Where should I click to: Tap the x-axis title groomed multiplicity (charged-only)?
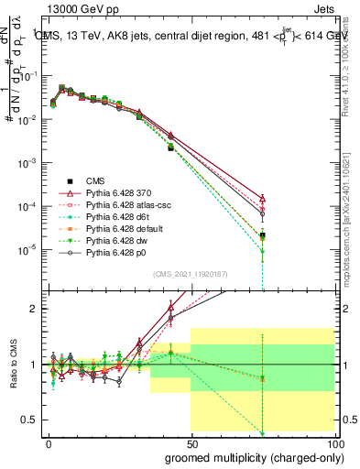(250, 456)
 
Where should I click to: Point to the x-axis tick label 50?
(191, 442)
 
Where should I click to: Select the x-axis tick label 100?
(333, 442)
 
